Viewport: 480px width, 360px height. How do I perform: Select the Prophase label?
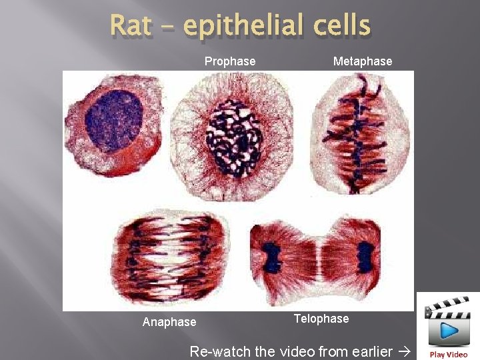(x=230, y=61)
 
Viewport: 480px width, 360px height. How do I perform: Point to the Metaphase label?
(x=363, y=61)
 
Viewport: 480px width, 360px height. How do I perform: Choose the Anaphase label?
(x=169, y=322)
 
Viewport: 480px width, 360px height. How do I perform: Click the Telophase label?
(x=321, y=319)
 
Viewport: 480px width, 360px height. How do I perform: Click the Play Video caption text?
(x=448, y=355)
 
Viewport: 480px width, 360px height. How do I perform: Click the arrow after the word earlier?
(x=405, y=351)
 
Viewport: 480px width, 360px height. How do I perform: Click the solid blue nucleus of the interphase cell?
(x=114, y=119)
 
